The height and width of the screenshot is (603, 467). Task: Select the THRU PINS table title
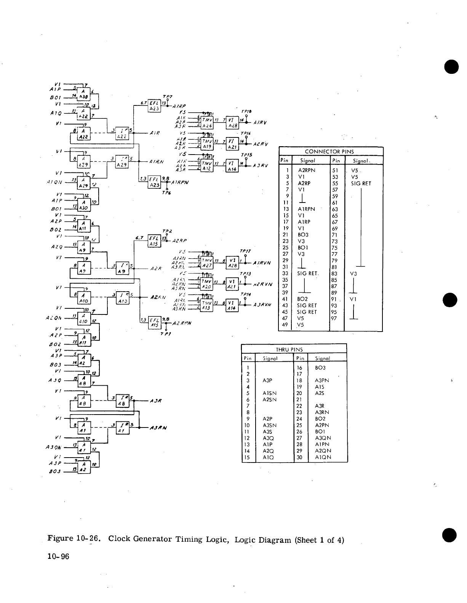(x=289, y=349)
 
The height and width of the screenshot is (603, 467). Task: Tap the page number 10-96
(x=58, y=557)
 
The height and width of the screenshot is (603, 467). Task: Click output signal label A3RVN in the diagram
(x=262, y=305)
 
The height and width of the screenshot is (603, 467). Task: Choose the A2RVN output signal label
(x=263, y=284)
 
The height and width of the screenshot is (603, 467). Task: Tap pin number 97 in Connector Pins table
(x=334, y=318)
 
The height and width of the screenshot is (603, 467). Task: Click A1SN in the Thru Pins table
(x=269, y=393)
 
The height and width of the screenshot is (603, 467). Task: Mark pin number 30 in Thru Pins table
(x=299, y=457)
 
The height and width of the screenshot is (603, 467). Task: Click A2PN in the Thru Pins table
(x=322, y=425)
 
